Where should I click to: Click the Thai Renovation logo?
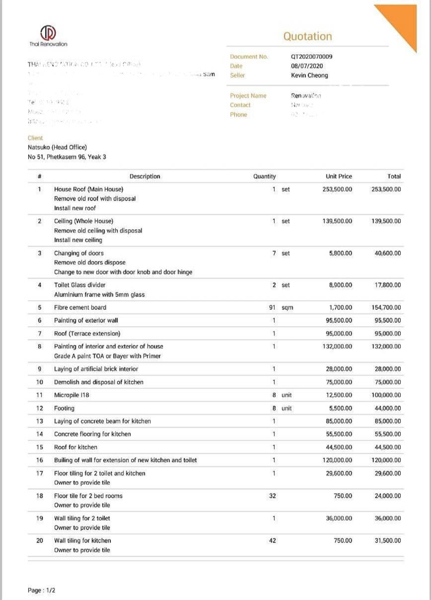coord(48,34)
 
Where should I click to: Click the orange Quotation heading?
coord(307,36)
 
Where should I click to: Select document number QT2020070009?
coord(311,57)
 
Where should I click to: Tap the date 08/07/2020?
coord(307,66)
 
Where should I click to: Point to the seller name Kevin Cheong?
coord(309,76)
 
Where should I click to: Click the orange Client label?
coord(35,138)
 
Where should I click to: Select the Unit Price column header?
coord(338,176)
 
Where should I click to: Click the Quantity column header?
coord(264,176)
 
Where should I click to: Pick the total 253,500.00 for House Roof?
coord(386,189)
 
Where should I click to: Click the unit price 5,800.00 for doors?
coord(340,254)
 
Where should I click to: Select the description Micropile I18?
coord(72,395)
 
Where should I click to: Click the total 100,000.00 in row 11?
coord(386,395)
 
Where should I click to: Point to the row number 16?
coord(40,460)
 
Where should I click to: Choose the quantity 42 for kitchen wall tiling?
coord(272,541)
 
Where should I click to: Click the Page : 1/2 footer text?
coord(42,591)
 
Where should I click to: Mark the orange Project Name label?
coord(248,96)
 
